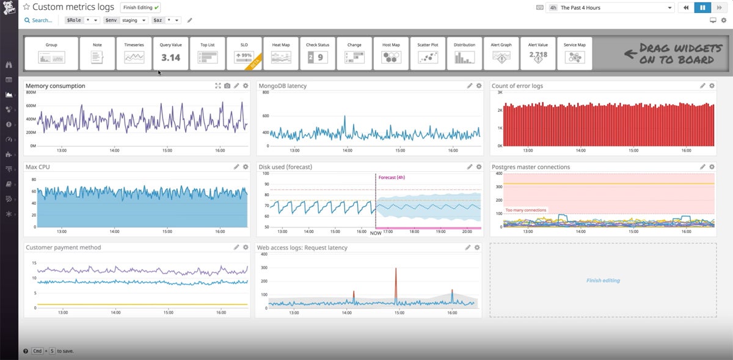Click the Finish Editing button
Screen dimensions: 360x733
(x=141, y=7)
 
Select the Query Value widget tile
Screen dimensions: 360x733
(x=170, y=53)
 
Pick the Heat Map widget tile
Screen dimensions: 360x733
(x=281, y=53)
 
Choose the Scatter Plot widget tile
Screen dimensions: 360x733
(x=428, y=53)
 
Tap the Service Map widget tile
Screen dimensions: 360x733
(x=574, y=53)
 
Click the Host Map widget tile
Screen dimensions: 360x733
(x=391, y=53)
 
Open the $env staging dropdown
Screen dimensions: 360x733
(x=125, y=20)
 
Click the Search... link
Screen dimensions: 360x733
(x=38, y=20)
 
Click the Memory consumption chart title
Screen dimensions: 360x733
(x=56, y=86)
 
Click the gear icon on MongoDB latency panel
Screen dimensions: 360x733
(x=479, y=86)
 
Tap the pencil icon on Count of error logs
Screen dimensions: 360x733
(x=703, y=86)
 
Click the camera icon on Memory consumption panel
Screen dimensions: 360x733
(x=227, y=86)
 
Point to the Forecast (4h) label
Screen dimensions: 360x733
(x=392, y=177)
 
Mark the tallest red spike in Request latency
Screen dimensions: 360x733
(x=396, y=270)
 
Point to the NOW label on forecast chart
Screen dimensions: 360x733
(x=376, y=233)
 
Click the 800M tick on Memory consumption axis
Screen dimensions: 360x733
(x=31, y=92)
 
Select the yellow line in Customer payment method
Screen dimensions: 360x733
(x=140, y=304)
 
